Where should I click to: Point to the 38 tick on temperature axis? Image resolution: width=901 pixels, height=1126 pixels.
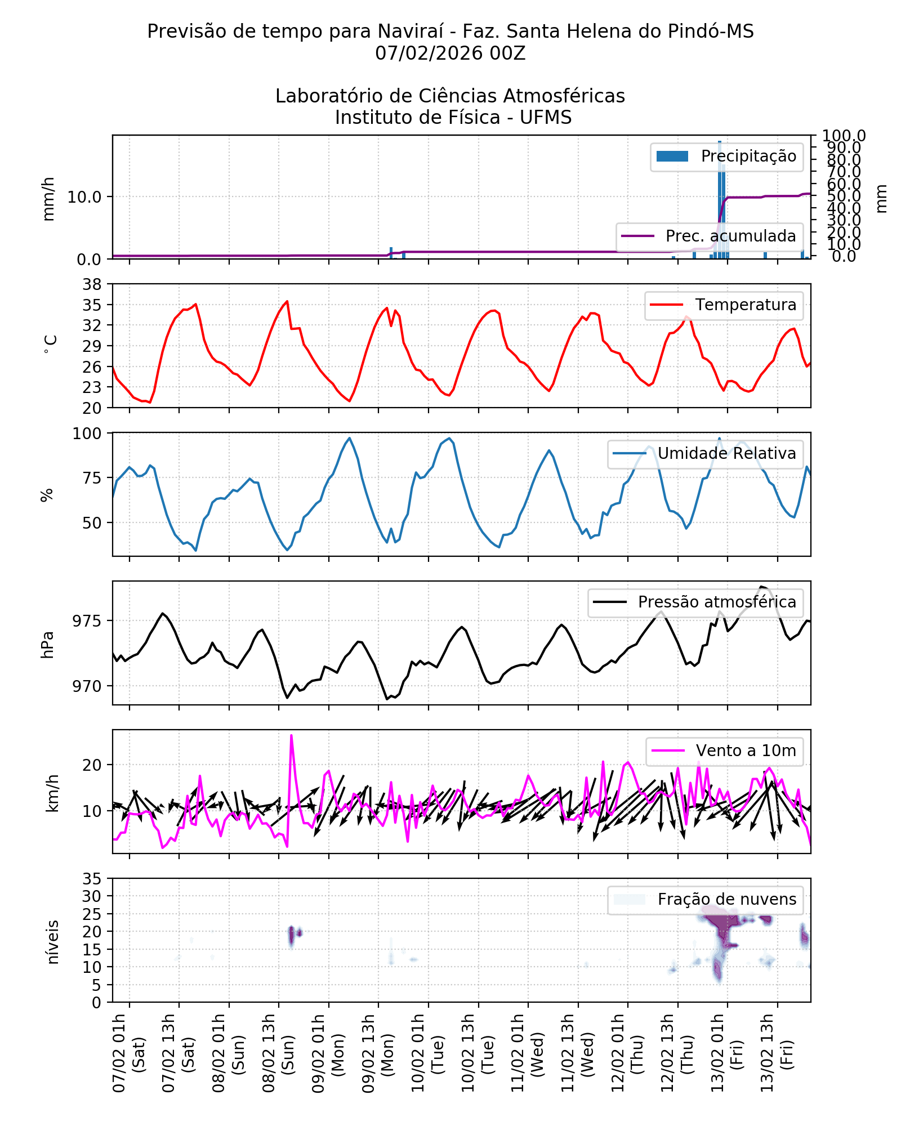(x=92, y=284)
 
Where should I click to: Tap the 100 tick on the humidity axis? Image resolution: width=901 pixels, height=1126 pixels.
(x=87, y=434)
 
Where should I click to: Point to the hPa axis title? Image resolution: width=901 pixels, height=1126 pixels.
(x=48, y=645)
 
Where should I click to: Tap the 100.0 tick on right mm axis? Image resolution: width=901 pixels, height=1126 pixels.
(x=843, y=136)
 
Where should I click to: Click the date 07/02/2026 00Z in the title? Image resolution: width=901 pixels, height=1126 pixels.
(x=450, y=53)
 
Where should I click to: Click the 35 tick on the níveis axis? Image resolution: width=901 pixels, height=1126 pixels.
(x=92, y=879)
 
